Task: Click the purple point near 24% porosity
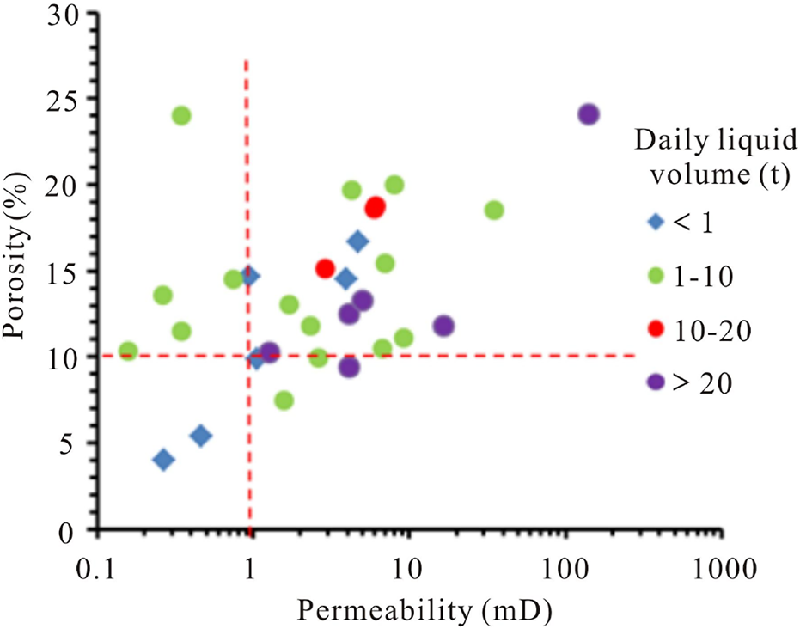[588, 114]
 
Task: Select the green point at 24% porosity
[180, 115]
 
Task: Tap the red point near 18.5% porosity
[375, 207]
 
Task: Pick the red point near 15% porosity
[325, 269]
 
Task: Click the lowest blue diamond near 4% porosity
[163, 460]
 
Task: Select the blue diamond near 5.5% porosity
[201, 436]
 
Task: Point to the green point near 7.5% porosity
[284, 400]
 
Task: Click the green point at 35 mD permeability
[494, 211]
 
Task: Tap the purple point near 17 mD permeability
[443, 326]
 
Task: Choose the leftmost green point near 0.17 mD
[129, 351]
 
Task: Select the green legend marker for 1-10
[656, 275]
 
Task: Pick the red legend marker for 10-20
[656, 329]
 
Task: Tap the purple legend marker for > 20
[656, 382]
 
